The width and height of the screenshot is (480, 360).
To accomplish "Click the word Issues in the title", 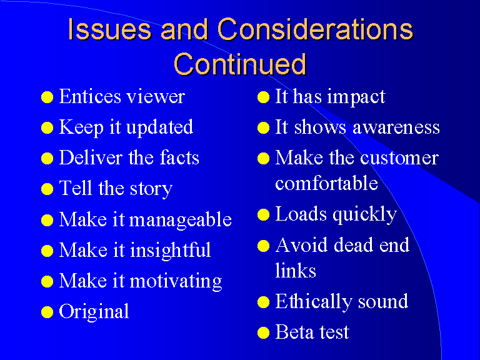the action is coord(109,29).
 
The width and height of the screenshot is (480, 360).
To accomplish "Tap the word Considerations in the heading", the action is coord(315,29).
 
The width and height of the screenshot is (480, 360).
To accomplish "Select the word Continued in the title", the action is coord(240,64).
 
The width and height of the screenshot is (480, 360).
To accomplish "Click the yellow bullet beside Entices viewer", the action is coord(47,97).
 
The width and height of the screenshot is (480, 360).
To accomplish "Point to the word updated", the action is coord(159,128).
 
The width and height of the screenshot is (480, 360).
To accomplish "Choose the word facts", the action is coord(179,157).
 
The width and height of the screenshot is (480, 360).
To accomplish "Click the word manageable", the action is coord(180,220).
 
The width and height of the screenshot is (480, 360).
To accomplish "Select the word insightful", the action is coord(171,251).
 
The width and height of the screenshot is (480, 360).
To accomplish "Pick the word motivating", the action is coord(176,281).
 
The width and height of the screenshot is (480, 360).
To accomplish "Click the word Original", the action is coord(94,312).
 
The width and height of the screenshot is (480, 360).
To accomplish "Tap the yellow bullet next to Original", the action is coord(47,312).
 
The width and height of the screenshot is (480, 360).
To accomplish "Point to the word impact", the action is coord(356,97).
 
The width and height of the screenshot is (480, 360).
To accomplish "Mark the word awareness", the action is coord(396,127).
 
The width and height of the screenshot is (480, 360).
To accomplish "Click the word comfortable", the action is coord(326,183).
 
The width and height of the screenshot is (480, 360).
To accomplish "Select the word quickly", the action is coord(364,214).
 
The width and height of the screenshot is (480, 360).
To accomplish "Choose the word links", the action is coord(296,270).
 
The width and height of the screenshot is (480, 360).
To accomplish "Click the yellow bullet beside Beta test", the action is coord(263,332).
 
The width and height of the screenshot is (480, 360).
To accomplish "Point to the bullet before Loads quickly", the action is coord(263,214).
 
